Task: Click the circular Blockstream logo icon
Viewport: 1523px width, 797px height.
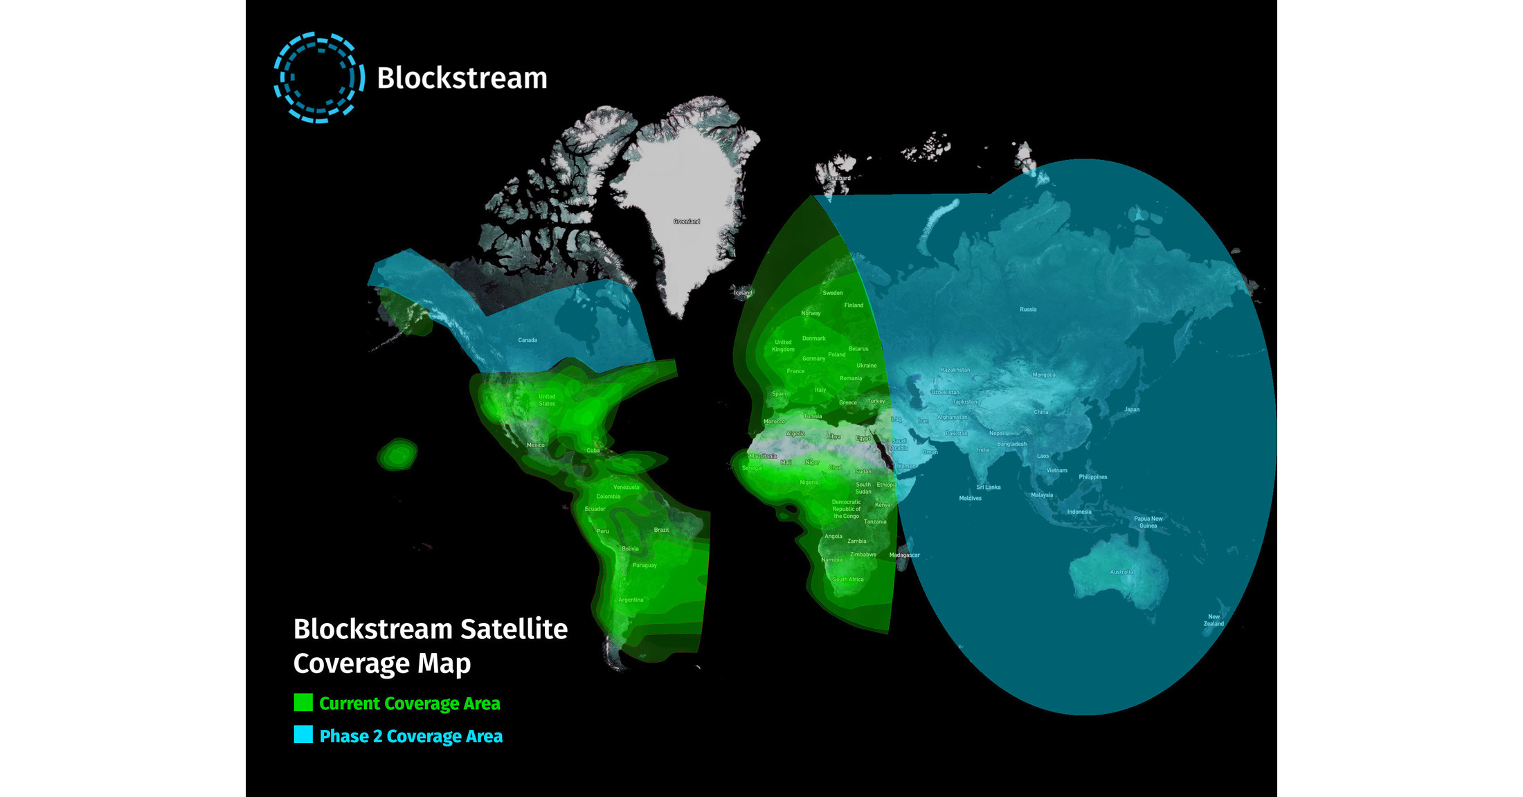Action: point(318,78)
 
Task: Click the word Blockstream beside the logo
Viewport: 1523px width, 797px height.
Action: point(462,78)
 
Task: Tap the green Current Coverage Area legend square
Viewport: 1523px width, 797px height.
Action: point(303,703)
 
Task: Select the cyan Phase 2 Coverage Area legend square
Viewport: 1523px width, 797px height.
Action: point(303,735)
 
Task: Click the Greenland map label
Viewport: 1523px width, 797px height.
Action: point(687,222)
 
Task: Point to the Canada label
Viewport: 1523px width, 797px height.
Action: point(528,340)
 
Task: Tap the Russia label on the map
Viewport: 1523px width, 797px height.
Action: point(1028,310)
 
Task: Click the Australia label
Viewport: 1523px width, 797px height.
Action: point(1121,572)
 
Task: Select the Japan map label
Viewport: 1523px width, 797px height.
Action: point(1132,409)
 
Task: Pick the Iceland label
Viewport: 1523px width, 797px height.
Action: point(743,293)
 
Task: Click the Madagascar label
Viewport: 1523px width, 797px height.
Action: point(904,555)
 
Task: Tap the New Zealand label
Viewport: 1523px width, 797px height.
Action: point(1214,620)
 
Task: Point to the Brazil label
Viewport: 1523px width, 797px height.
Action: point(661,530)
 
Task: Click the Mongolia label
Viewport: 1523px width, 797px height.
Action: point(1044,375)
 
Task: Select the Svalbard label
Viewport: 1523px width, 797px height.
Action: point(840,178)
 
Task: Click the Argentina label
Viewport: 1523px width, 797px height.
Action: point(631,600)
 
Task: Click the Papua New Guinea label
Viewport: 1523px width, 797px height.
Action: point(1148,522)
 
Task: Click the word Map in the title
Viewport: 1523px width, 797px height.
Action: point(444,663)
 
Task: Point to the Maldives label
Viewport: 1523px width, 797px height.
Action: point(970,498)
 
